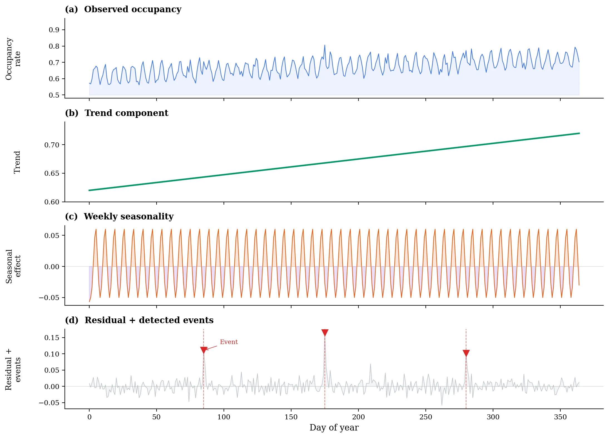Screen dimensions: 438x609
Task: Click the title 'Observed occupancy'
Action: click(x=133, y=9)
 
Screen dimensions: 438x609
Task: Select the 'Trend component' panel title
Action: click(x=126, y=113)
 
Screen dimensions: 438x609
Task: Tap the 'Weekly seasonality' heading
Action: click(x=128, y=216)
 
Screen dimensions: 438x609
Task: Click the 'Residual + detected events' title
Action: click(x=149, y=320)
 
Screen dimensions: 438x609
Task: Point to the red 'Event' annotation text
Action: click(x=229, y=342)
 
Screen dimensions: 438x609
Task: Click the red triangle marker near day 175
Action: click(x=325, y=333)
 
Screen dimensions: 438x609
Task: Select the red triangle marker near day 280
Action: click(x=466, y=353)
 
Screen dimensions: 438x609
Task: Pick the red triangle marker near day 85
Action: click(x=204, y=350)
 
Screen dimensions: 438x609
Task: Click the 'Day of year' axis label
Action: click(x=334, y=427)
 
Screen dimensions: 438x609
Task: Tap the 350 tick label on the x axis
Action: click(x=560, y=417)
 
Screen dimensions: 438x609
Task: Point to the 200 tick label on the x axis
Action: click(x=358, y=417)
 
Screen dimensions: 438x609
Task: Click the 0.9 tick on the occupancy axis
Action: click(x=54, y=30)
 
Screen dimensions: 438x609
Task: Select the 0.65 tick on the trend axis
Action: click(x=52, y=173)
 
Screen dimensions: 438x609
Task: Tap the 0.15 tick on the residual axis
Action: click(x=52, y=338)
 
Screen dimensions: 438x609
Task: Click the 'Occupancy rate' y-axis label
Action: click(x=13, y=59)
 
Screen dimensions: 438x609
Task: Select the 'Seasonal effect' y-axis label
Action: click(x=13, y=266)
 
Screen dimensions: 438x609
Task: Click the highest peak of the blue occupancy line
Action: click(x=325, y=45)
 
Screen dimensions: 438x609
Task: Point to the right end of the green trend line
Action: click(x=579, y=133)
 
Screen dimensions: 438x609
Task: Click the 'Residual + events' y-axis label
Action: click(x=13, y=369)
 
